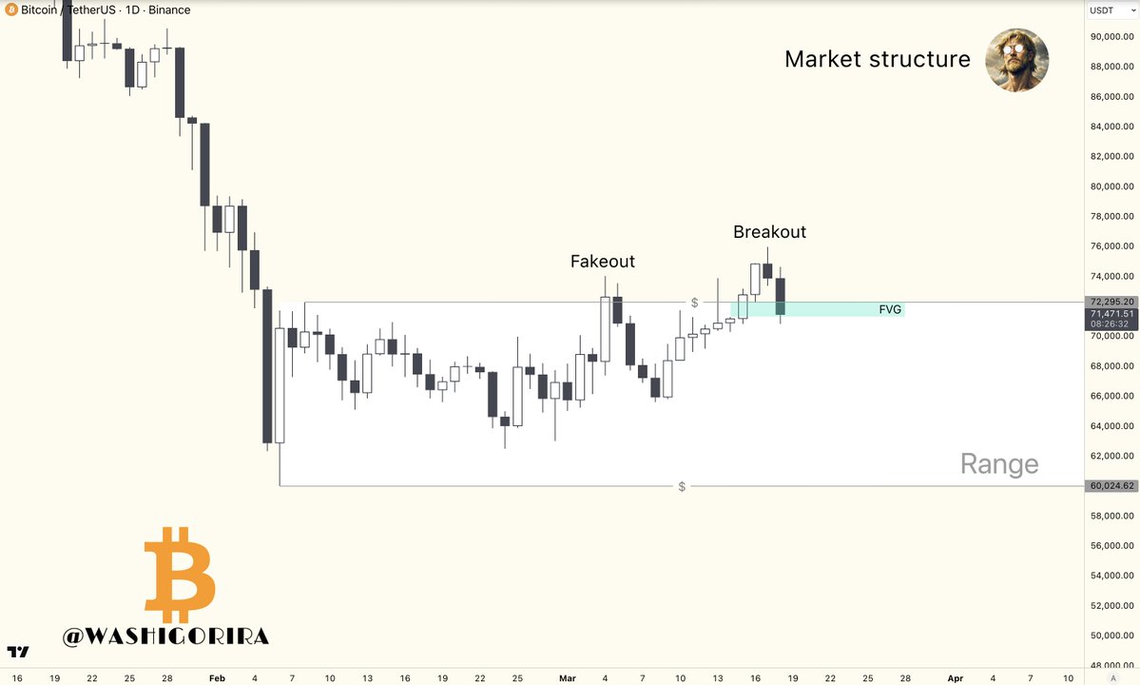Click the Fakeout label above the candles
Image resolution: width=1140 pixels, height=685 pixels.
tap(602, 262)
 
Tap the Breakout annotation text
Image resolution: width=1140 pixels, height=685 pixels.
tap(769, 231)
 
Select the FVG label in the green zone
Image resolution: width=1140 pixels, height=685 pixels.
tap(890, 309)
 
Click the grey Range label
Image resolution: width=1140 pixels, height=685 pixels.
tap(998, 464)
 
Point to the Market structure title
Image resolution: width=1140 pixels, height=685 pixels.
tap(877, 59)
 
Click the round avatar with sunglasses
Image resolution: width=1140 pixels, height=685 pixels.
tap(1016, 59)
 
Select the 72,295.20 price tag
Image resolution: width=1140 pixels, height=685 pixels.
tap(1111, 302)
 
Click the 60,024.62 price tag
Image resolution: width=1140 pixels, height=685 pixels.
tap(1111, 486)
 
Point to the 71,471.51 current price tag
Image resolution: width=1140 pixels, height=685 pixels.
tap(1111, 313)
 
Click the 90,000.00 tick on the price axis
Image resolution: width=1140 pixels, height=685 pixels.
tap(1111, 37)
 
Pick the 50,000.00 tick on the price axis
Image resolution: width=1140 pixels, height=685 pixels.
tap(1111, 636)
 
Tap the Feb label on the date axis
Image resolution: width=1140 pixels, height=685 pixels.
tap(217, 678)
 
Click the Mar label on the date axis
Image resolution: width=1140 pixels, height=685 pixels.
tap(568, 678)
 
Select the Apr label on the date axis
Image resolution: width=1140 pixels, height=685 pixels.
tap(956, 678)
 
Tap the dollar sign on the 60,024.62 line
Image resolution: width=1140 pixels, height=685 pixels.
tap(682, 487)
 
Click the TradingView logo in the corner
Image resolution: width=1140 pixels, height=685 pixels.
tap(18, 653)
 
